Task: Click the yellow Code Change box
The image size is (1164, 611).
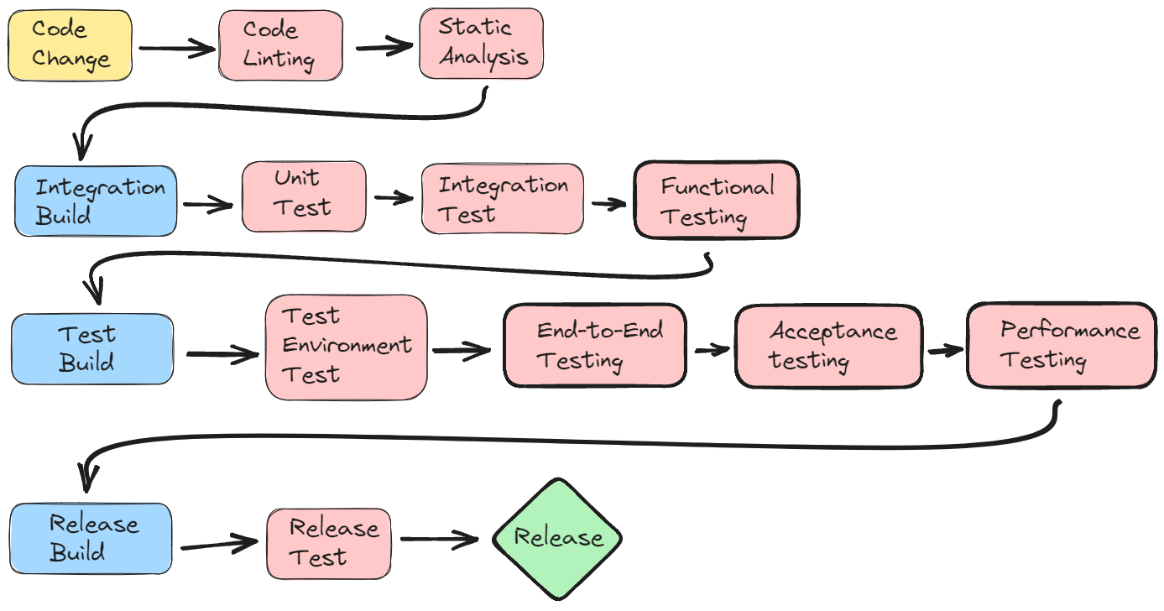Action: (70, 46)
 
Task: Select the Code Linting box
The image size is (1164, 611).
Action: (280, 45)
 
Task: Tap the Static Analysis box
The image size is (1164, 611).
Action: (482, 44)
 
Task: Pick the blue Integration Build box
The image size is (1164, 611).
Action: (96, 201)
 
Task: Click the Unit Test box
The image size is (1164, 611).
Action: (304, 196)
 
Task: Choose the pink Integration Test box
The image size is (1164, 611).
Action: (502, 199)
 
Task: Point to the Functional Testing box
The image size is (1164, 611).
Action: (716, 201)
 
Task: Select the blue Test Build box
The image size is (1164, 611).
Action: (91, 348)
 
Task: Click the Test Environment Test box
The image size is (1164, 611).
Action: (346, 347)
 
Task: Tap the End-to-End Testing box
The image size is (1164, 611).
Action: (594, 345)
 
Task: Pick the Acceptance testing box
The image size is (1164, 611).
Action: (827, 346)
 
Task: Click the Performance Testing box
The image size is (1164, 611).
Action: (1061, 344)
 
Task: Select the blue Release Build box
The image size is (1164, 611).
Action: (91, 538)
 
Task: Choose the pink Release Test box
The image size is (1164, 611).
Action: (328, 542)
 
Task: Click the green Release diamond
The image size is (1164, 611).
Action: (557, 538)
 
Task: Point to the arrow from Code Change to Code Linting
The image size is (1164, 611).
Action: (175, 49)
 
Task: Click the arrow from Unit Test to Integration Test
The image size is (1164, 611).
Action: (393, 199)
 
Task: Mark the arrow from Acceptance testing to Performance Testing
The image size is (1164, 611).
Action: (943, 350)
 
